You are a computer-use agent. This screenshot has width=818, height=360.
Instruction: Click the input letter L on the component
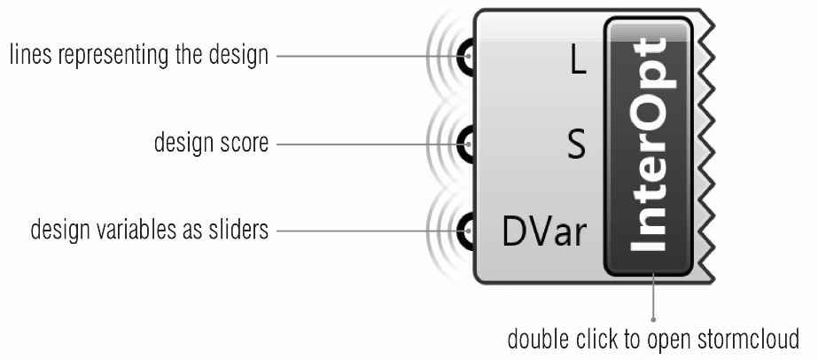(x=578, y=63)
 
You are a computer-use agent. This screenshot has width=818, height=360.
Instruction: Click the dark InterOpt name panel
(x=649, y=146)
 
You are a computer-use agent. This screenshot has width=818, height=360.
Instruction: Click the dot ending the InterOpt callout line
(x=653, y=320)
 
